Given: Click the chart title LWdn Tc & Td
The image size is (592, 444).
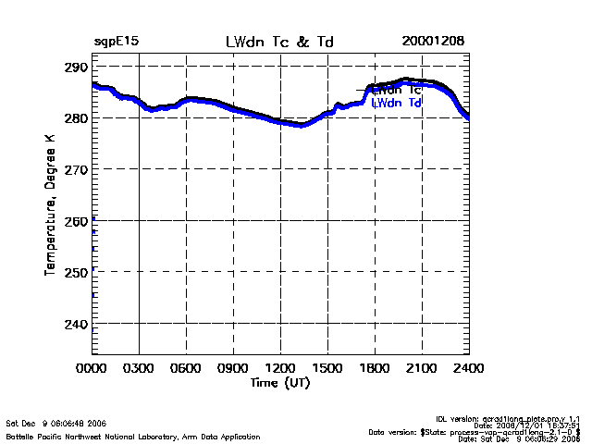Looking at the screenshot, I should coord(280,43).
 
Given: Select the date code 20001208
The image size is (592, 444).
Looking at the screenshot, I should coord(433,43).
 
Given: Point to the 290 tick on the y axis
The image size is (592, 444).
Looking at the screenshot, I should coord(76,68).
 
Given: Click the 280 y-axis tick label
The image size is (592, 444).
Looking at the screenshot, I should coord(76,118).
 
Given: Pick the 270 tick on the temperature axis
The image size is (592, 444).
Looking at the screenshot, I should coord(76,169).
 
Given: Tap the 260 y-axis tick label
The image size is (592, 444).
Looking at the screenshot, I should coord(76,221).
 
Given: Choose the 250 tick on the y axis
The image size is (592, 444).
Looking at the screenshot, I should coord(76,272).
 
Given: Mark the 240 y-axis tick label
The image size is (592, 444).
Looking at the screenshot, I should coord(76,324).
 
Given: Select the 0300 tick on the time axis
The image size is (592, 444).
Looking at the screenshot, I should coord(140,367).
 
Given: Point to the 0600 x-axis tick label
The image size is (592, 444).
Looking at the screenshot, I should coord(187,367).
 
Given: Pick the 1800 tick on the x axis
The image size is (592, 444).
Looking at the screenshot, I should coord(375,367).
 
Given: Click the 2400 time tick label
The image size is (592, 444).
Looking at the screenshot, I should coord(468,367).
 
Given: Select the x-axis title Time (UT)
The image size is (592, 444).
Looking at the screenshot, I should coord(280,382).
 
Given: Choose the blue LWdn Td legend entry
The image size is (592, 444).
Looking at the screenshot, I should coord(397,104).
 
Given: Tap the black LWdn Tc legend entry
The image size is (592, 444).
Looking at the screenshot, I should coord(397,90).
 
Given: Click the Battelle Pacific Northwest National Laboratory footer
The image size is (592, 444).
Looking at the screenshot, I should coord(133,436).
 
